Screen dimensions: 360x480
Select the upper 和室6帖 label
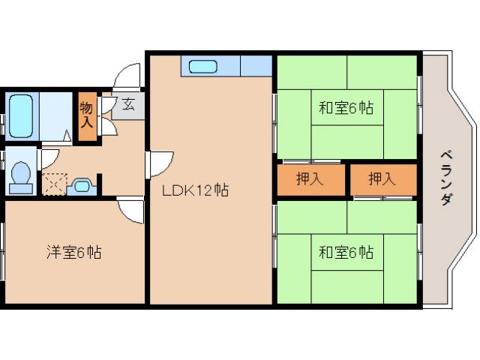345,108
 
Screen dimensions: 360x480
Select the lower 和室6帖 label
345,252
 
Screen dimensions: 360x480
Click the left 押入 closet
310,180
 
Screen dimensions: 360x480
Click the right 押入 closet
382,180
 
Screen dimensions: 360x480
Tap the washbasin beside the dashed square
81,184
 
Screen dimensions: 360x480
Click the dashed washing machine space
55,183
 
